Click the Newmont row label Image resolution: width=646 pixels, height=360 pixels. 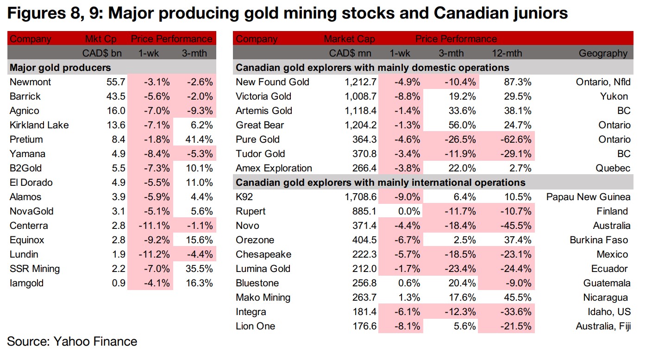point(30,82)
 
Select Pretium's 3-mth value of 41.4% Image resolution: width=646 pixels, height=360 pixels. point(197,139)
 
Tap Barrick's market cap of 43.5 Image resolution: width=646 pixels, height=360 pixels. point(115,96)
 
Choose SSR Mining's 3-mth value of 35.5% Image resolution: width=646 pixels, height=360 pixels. point(197,269)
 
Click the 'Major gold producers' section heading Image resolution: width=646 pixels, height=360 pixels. point(60,68)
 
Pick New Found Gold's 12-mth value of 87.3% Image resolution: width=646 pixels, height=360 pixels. point(517,82)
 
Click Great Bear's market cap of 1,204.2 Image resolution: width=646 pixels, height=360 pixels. point(357,125)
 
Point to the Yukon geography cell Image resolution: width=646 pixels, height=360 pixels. point(614,96)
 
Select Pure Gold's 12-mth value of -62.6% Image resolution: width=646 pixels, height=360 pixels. point(516,139)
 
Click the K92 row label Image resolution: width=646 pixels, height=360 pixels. point(245,197)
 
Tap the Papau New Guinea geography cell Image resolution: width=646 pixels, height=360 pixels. point(588,197)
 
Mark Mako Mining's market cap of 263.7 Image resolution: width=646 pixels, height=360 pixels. point(364,297)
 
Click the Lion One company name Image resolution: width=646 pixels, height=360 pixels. point(255,326)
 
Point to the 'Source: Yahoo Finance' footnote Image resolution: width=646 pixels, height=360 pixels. point(72,342)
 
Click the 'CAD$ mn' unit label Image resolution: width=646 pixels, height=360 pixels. point(351,53)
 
